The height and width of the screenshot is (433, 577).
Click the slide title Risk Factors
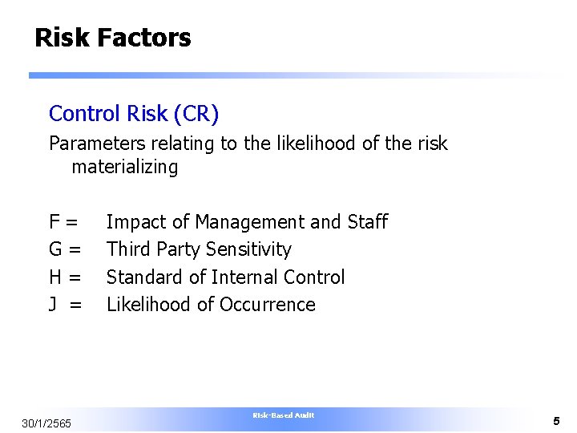(x=113, y=38)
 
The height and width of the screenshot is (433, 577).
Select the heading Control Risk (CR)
(x=134, y=114)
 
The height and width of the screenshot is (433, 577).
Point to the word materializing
(x=124, y=167)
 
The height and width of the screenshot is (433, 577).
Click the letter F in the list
(x=54, y=222)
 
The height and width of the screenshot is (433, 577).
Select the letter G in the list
(x=55, y=249)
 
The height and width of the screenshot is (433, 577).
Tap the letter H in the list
(x=55, y=277)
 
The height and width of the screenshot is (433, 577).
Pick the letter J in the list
(x=54, y=305)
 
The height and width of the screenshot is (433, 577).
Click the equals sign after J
(x=75, y=305)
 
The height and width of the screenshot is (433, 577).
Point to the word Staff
(x=368, y=222)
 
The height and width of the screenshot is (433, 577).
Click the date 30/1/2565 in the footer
(x=46, y=423)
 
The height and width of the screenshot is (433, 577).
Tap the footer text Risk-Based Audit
(x=283, y=415)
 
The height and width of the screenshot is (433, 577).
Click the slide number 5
(x=555, y=420)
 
